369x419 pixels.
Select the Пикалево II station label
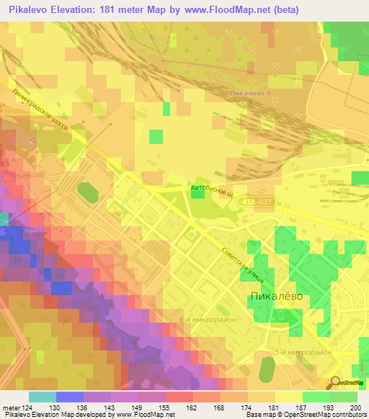[249, 94]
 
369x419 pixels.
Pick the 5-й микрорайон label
[304, 352]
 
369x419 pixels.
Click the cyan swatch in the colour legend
[43, 397]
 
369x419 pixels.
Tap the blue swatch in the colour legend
[70, 397]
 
